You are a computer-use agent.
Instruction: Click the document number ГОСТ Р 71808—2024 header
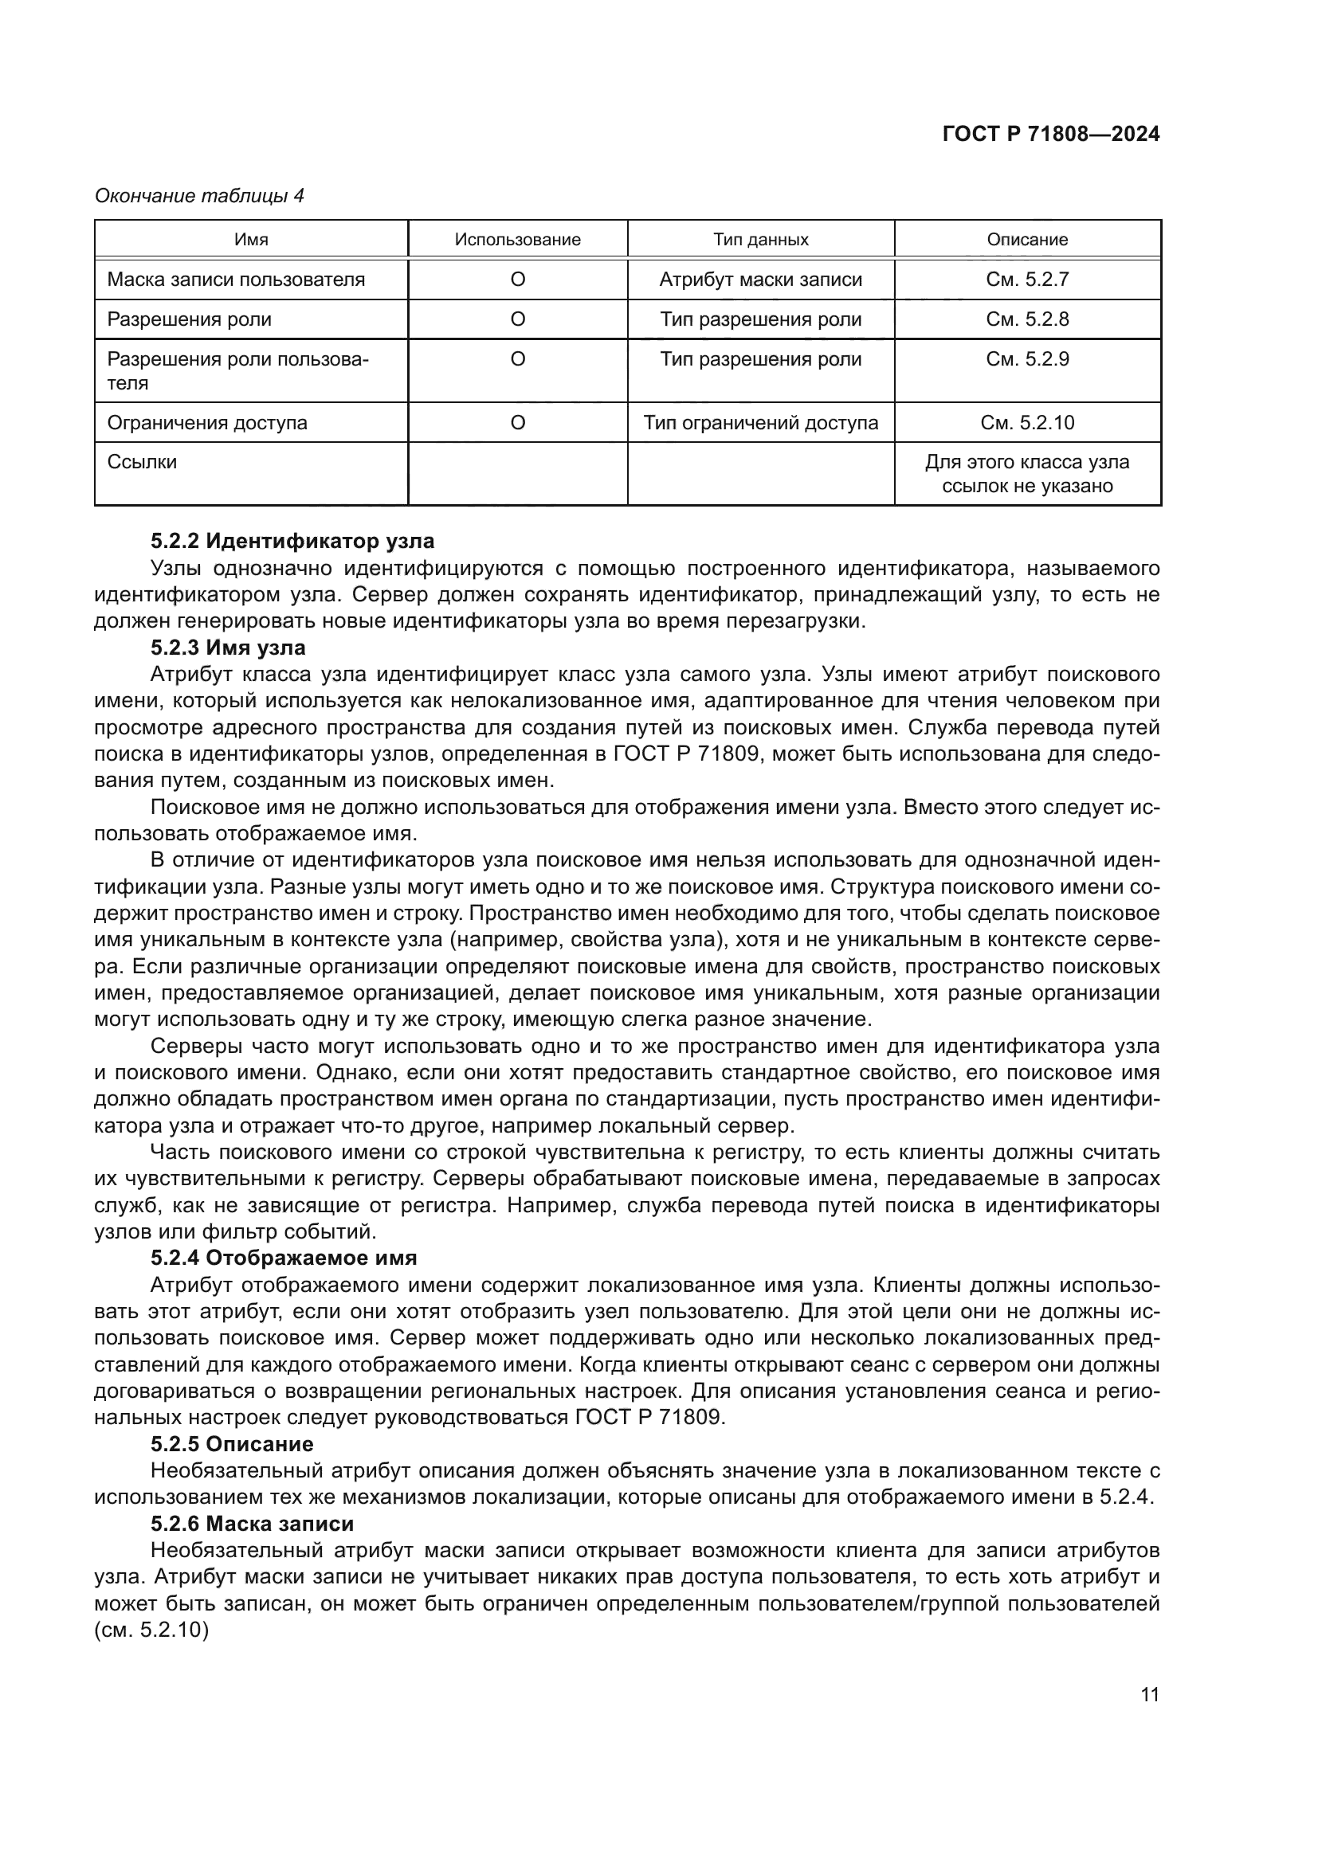pyautogui.click(x=1050, y=135)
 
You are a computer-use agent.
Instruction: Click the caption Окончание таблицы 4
pyautogui.click(x=200, y=196)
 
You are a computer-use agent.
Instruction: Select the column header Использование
pyautogui.click(x=517, y=240)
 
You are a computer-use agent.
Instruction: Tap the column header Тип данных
pyautogui.click(x=760, y=240)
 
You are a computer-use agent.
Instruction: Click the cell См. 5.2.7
pyautogui.click(x=1026, y=279)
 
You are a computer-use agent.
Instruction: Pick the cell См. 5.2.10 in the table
pyautogui.click(x=1026, y=422)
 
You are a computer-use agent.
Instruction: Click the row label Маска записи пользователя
pyautogui.click(x=236, y=279)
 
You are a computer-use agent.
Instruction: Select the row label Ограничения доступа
pyautogui.click(x=207, y=422)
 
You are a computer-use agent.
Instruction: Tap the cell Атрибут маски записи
pyautogui.click(x=760, y=279)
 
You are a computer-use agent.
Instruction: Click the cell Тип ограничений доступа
pyautogui.click(x=760, y=422)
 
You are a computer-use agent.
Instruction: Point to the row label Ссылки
pyautogui.click(x=142, y=462)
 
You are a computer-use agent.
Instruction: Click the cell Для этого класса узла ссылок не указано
pyautogui.click(x=1026, y=474)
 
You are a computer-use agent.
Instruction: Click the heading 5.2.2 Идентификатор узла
pyautogui.click(x=292, y=540)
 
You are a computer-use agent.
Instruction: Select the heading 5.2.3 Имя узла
pyautogui.click(x=228, y=648)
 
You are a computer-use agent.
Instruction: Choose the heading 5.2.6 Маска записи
pyautogui.click(x=252, y=1523)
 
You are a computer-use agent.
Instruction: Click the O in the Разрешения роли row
pyautogui.click(x=517, y=319)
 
